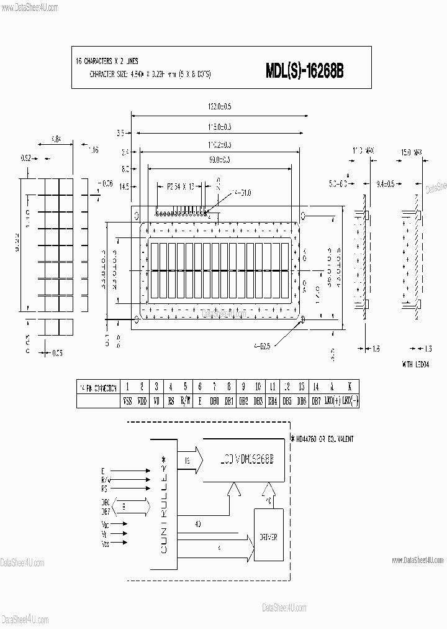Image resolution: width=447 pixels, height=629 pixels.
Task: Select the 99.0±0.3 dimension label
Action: [219, 160]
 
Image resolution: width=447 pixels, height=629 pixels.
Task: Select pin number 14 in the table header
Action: [316, 387]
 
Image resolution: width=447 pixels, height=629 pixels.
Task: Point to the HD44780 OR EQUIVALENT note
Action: [322, 439]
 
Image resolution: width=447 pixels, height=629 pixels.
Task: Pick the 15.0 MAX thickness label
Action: [412, 151]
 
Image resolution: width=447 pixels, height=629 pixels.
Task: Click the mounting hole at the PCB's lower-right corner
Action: [303, 319]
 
